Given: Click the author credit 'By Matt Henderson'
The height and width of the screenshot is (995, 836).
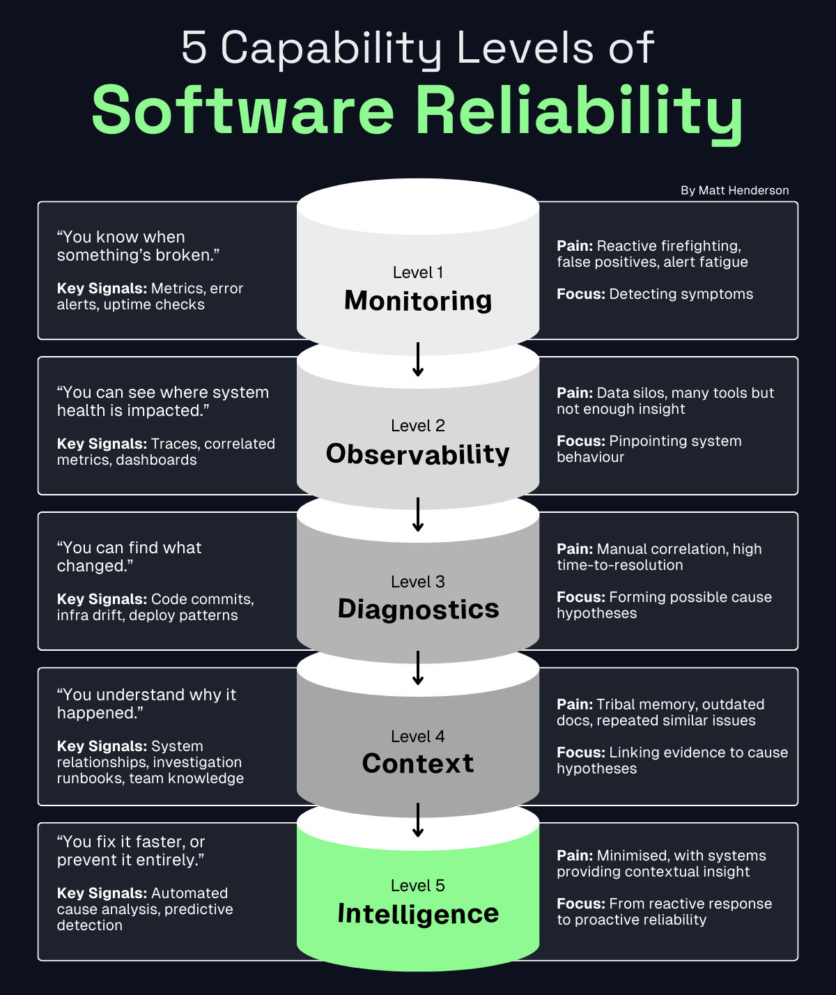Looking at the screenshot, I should (734, 190).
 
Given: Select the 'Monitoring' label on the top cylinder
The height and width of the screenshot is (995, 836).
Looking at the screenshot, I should (418, 300).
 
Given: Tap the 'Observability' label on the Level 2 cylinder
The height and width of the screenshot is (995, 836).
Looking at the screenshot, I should (418, 454).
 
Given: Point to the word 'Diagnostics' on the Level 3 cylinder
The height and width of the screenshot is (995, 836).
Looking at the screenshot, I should (418, 609).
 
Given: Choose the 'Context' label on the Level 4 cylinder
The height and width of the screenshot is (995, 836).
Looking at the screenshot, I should (418, 764).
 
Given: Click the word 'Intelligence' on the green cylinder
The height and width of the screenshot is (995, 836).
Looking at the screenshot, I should (418, 913).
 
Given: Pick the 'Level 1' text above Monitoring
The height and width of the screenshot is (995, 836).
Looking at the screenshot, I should (418, 272).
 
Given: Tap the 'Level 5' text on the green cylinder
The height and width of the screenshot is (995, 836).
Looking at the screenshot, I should (418, 886).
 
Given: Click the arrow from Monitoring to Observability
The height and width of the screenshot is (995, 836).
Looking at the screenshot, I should (418, 360).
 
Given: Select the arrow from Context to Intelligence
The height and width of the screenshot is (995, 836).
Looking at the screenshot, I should (418, 820).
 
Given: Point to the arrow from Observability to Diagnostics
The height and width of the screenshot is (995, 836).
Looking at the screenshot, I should (418, 515).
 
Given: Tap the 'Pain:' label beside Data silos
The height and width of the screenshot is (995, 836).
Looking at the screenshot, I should (575, 393).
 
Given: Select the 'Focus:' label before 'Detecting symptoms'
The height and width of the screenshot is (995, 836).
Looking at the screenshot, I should (580, 294).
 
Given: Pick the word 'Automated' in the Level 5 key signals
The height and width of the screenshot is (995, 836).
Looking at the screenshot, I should (189, 893).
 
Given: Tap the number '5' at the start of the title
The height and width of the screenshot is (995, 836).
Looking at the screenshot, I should (194, 48).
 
